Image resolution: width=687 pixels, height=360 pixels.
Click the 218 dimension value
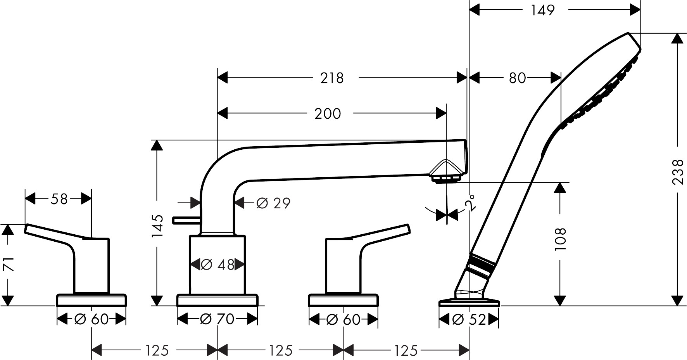pos(332,78)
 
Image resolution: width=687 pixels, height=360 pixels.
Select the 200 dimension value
pos(328,114)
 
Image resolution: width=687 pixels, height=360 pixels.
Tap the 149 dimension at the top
pos(543,10)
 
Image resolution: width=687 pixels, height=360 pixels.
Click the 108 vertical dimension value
pos(560,239)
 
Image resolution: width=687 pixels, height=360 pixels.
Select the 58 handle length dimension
pos(59,199)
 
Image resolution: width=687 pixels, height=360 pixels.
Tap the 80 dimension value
pos(517,78)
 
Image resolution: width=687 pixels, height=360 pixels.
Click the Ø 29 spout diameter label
pos(273,203)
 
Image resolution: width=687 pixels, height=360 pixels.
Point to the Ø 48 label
pos(217,265)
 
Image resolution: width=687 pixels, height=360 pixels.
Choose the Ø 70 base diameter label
pos(217,319)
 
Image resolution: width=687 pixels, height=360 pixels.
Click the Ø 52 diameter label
pos(469,319)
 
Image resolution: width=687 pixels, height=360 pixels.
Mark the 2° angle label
pos(470,202)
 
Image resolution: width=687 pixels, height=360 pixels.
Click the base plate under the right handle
pos(343,300)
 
